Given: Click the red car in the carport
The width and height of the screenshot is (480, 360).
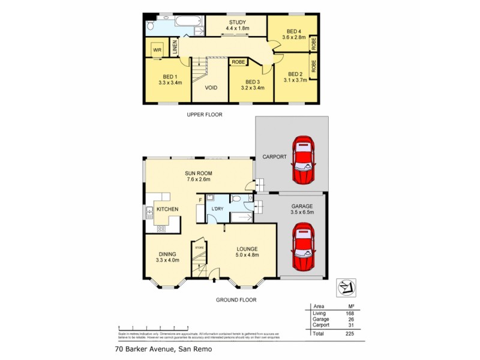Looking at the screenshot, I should tap(303, 161).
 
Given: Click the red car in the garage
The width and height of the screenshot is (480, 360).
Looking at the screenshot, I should tap(303, 247).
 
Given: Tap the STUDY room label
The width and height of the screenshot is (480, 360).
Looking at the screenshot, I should tap(236, 23).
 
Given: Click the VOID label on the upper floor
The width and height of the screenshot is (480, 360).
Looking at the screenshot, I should tap(211, 88).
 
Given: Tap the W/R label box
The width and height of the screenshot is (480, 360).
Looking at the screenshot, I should tap(157, 49).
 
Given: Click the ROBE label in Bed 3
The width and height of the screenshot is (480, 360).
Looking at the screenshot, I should tap(238, 62).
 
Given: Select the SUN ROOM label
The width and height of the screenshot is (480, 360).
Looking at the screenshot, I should tap(198, 173).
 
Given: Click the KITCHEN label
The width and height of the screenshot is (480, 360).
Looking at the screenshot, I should tap(167, 209).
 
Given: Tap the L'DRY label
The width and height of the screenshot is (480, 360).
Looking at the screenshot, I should tap(215, 209).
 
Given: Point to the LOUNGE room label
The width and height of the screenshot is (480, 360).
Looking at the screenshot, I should tap(247, 249).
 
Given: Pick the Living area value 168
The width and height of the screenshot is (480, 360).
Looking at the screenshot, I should tap(350, 313).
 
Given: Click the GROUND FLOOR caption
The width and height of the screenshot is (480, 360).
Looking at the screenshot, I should tap(236, 299).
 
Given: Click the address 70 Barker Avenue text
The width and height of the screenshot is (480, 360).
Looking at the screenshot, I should tap(163, 348).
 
